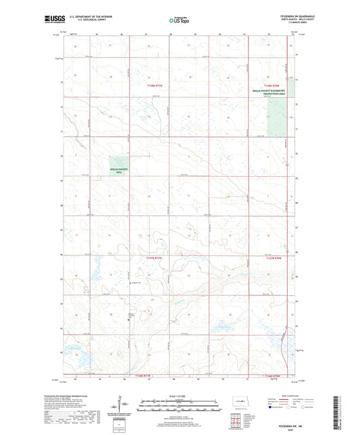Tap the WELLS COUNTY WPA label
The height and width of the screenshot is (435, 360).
point(119,171)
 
